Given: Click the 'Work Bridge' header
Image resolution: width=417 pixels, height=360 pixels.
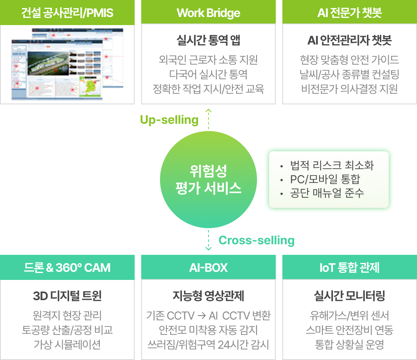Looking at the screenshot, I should (x=208, y=13).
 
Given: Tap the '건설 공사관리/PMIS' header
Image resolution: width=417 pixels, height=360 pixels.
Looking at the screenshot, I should (x=67, y=13).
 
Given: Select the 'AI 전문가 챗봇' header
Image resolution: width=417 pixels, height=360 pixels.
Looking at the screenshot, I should (x=350, y=13).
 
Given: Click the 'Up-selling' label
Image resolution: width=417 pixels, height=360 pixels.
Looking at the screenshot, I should (x=169, y=120).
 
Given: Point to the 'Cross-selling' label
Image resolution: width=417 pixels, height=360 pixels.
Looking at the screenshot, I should (x=256, y=241).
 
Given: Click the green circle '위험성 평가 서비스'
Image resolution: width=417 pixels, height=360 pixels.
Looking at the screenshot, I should (x=208, y=179).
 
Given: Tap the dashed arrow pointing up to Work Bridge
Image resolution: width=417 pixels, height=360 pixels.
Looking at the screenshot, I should (x=208, y=119).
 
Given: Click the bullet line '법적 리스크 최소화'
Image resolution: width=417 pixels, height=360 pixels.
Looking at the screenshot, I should (x=332, y=165).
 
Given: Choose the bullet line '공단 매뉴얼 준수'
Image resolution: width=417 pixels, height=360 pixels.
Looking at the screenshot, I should (x=327, y=193).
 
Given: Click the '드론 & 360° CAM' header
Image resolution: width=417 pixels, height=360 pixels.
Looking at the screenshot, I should (x=67, y=267).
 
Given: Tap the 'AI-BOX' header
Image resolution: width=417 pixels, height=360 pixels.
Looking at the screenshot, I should (x=208, y=267).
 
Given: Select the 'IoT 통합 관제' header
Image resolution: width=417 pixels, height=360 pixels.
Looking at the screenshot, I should (x=350, y=267).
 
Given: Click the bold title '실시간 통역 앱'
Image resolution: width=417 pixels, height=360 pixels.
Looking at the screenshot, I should (x=208, y=40).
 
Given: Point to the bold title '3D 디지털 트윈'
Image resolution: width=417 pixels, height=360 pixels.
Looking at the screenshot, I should (x=67, y=296).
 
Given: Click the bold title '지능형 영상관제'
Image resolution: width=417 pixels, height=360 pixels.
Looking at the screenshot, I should (x=208, y=296).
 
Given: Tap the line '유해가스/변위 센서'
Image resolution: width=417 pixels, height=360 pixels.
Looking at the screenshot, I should (x=350, y=316).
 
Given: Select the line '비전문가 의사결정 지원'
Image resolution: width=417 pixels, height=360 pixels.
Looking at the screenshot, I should (x=350, y=89).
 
